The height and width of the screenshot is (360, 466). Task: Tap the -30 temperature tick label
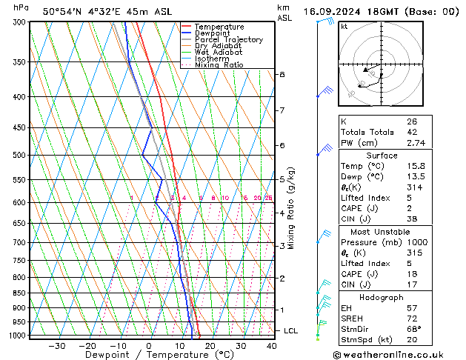pyautogui.click(x=57, y=345)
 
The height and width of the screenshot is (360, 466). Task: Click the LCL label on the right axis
pyautogui.click(x=291, y=330)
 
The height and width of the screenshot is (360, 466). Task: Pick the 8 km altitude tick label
pyautogui.click(x=282, y=75)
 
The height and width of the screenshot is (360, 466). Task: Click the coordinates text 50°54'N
pyautogui.click(x=61, y=11)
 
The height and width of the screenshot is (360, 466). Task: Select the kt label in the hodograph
pyautogui.click(x=344, y=26)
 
